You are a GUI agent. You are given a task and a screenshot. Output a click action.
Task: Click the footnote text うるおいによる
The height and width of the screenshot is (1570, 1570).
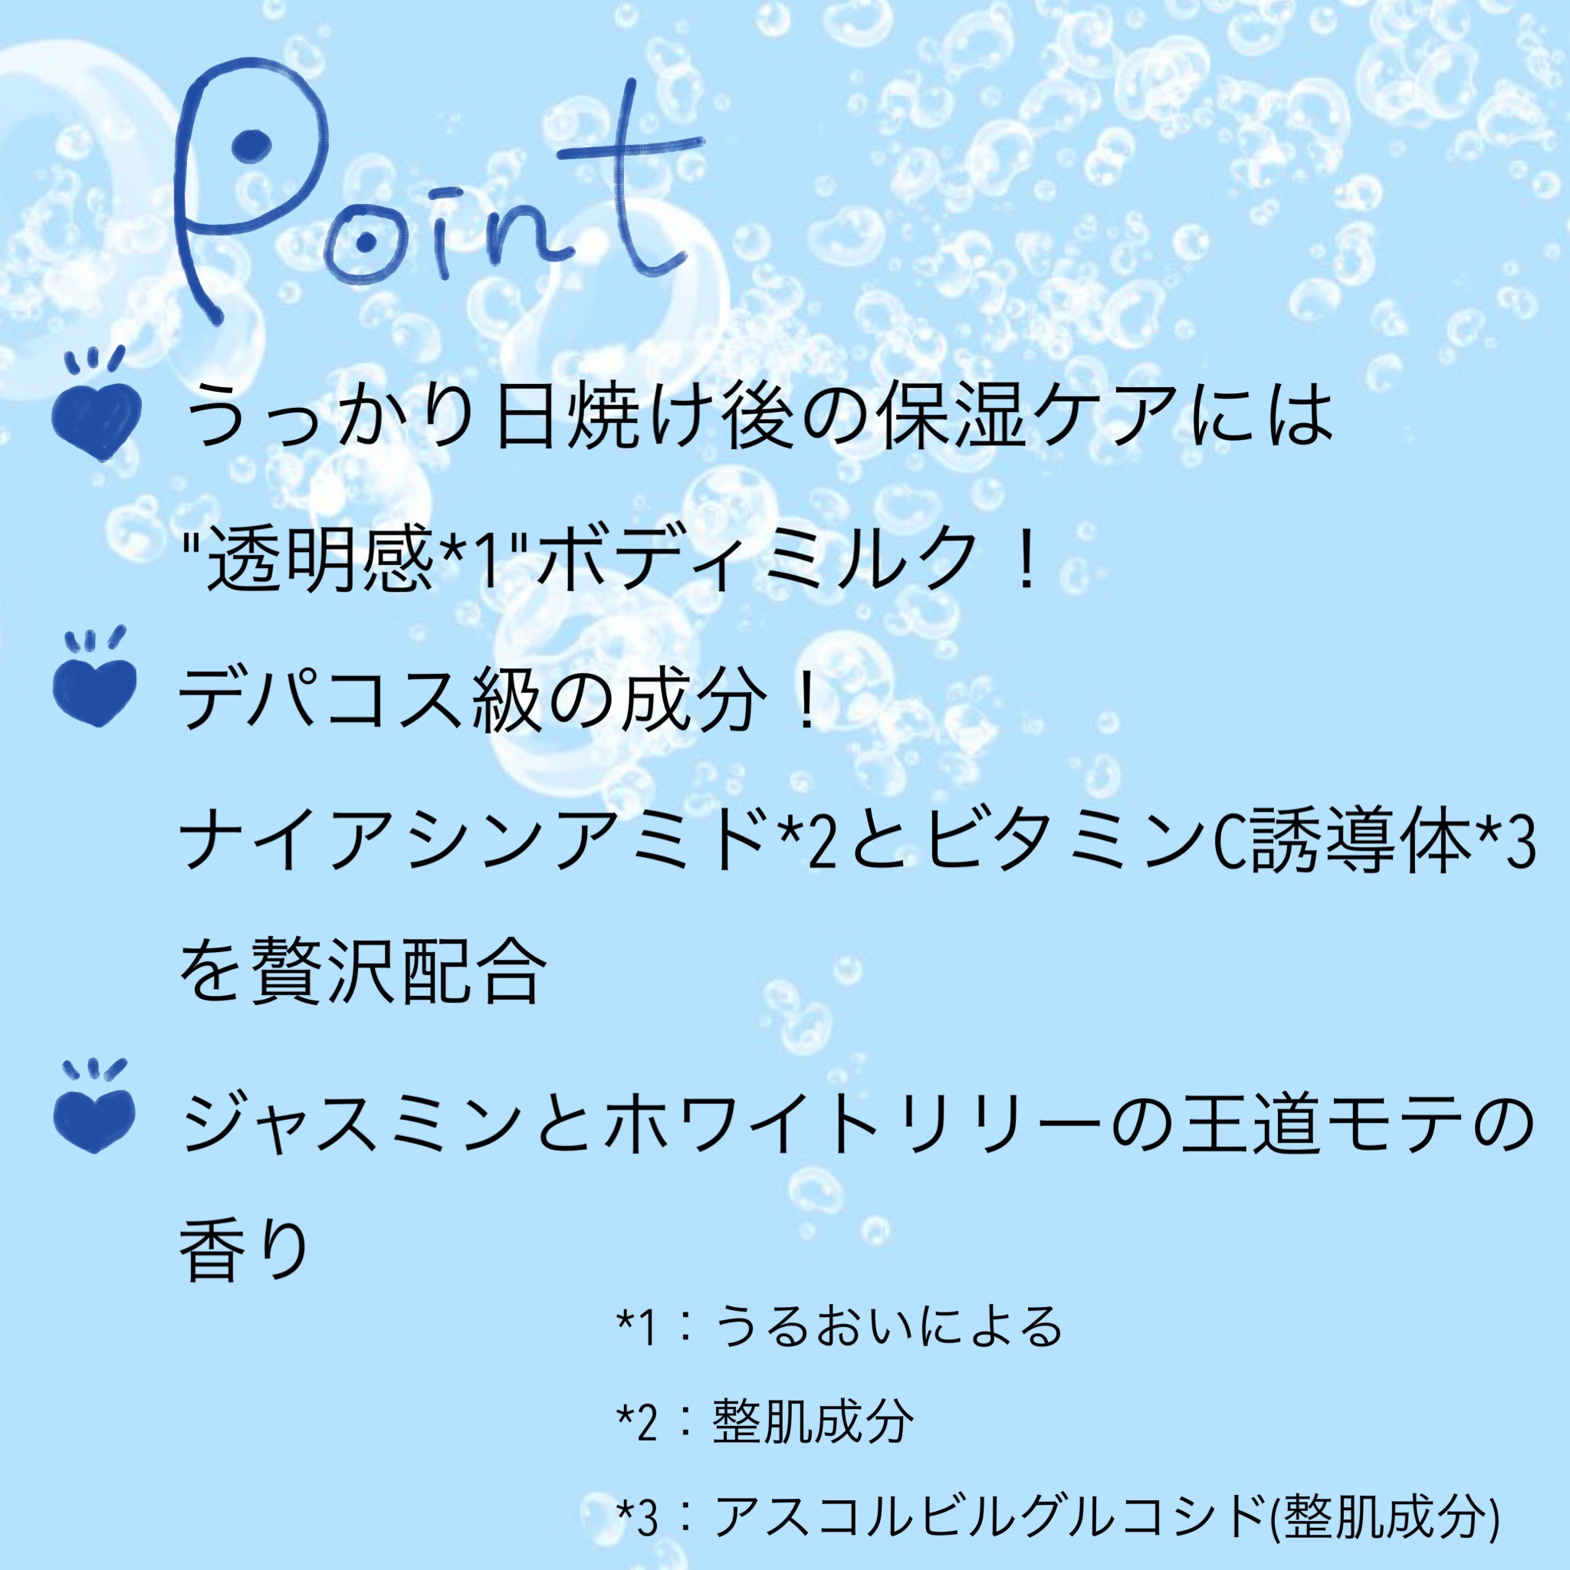889,1328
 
